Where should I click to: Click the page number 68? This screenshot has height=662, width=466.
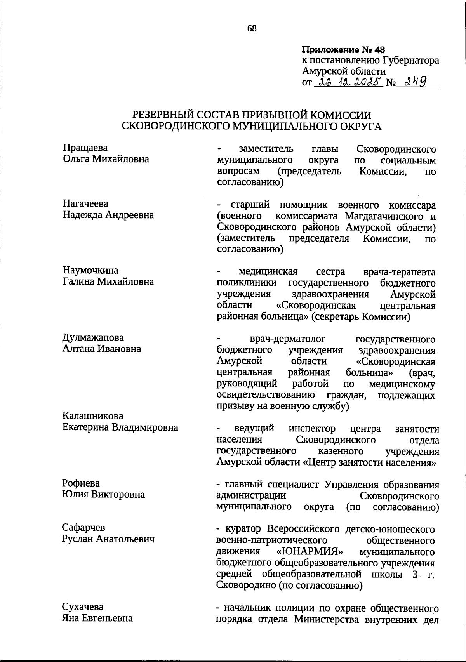click(x=252, y=28)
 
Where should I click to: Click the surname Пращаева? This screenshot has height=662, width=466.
click(x=85, y=148)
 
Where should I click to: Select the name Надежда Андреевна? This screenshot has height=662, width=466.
click(x=108, y=215)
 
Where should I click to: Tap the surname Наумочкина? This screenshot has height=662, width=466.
click(x=90, y=270)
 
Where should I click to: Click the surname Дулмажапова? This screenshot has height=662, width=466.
click(x=93, y=337)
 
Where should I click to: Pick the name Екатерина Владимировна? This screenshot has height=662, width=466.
click(x=120, y=427)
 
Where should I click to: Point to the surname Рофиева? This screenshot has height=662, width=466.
click(x=81, y=483)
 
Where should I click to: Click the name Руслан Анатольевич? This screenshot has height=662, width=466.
click(x=108, y=539)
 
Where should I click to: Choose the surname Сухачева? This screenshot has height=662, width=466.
click(x=83, y=606)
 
